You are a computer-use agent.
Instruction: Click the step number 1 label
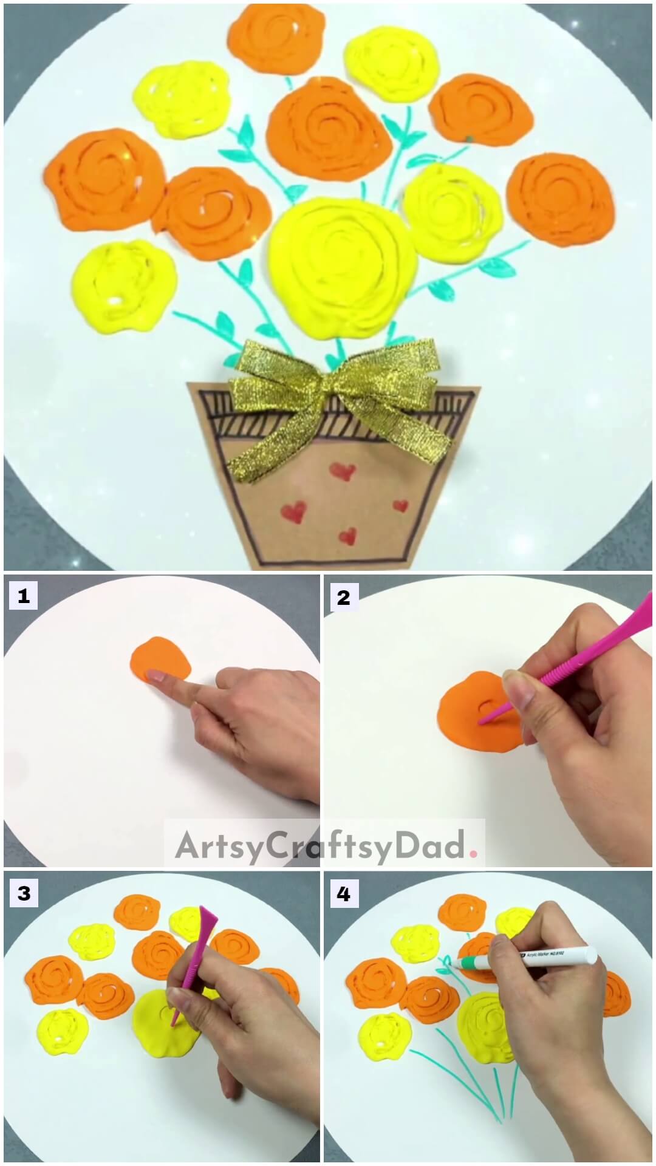(x=23, y=596)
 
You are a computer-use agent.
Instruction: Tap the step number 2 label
(x=343, y=597)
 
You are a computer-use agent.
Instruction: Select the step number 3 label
(x=23, y=893)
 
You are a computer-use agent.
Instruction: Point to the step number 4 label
(x=343, y=894)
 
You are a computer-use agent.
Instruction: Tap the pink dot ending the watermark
(x=473, y=853)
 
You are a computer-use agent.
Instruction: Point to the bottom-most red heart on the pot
(x=347, y=536)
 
